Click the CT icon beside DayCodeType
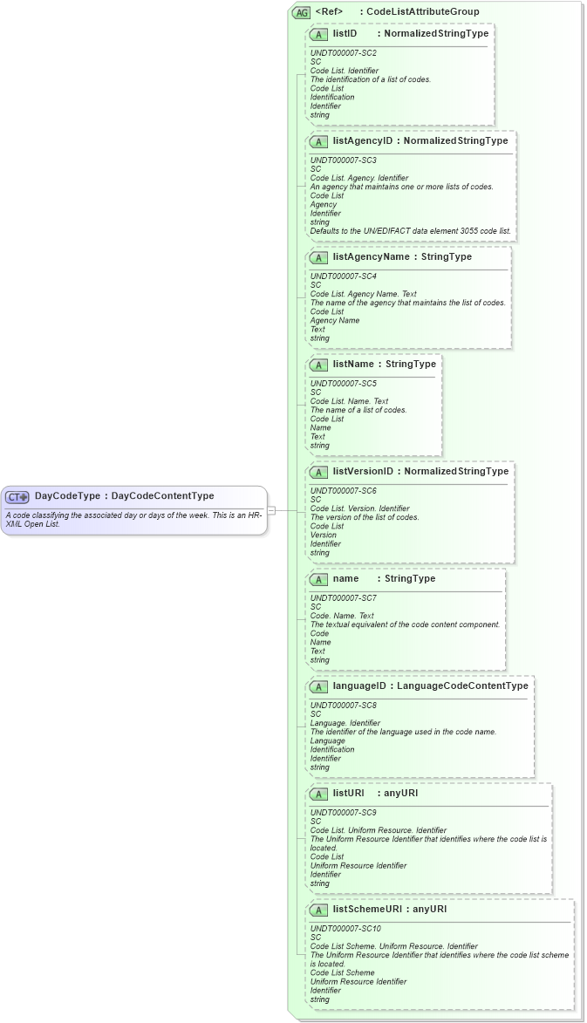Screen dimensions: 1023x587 pyautogui.click(x=17, y=496)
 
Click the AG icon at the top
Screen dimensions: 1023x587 pyautogui.click(x=301, y=12)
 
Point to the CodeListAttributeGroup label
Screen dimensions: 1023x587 pyautogui.click(x=423, y=12)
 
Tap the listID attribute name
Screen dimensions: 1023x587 pyautogui.click(x=345, y=34)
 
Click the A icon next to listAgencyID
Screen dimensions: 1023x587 pyautogui.click(x=318, y=141)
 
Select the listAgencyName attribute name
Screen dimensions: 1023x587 pyautogui.click(x=371, y=257)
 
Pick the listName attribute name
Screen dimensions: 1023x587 pyautogui.click(x=354, y=365)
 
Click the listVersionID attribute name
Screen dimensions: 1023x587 pyautogui.click(x=363, y=472)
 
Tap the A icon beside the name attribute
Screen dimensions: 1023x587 pyautogui.click(x=318, y=579)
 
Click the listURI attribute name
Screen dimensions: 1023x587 pyautogui.click(x=348, y=794)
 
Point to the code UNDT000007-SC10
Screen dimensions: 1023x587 pyautogui.click(x=345, y=929)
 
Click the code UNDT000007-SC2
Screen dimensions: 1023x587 pyautogui.click(x=343, y=53)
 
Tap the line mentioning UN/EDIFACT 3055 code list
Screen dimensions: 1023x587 pyautogui.click(x=411, y=231)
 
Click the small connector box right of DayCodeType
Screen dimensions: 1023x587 pyautogui.click(x=271, y=509)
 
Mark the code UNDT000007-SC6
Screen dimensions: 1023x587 pyautogui.click(x=343, y=491)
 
